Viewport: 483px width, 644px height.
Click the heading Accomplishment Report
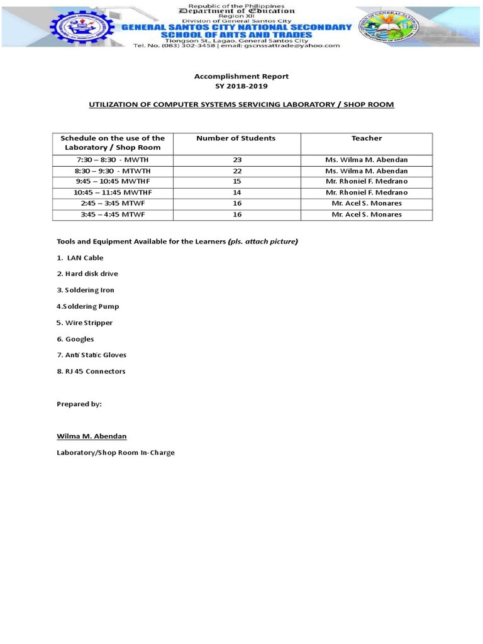pyautogui.click(x=241, y=76)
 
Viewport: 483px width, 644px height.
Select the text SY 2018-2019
pyautogui.click(x=241, y=86)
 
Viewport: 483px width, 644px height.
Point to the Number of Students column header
pyautogui.click(x=236, y=138)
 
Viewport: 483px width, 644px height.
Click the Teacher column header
pyautogui.click(x=366, y=138)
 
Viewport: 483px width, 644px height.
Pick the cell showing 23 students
pyautogui.click(x=237, y=160)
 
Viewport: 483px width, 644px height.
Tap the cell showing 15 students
pyautogui.click(x=237, y=182)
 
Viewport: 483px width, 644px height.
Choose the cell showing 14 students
pyautogui.click(x=237, y=192)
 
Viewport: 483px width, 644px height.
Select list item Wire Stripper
pyautogui.click(x=85, y=323)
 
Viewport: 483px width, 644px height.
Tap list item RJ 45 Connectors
pyautogui.click(x=91, y=371)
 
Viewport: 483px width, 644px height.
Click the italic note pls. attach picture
pyautogui.click(x=263, y=241)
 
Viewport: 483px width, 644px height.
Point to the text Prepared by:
pyautogui.click(x=79, y=404)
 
